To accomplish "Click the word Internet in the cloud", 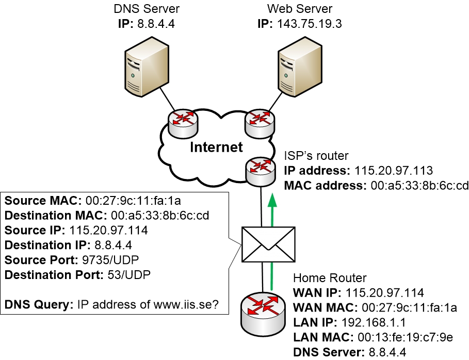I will tap(216, 147).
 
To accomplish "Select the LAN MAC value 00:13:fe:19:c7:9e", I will tap(404, 337).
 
